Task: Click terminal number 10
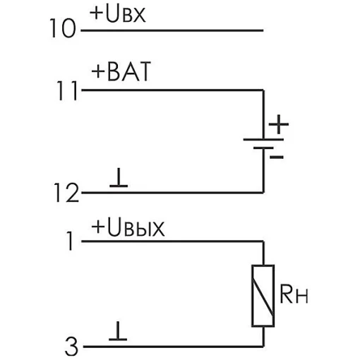pyautogui.click(x=63, y=28)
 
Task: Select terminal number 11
pyautogui.click(x=68, y=90)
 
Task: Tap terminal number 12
pyautogui.click(x=66, y=193)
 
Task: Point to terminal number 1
pyautogui.click(x=70, y=241)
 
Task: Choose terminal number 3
pyautogui.click(x=71, y=347)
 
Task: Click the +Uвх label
pyautogui.click(x=118, y=14)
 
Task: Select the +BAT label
pyautogui.click(x=121, y=71)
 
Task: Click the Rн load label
pyautogui.click(x=294, y=294)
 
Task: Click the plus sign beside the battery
pyautogui.click(x=279, y=124)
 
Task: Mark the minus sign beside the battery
pyautogui.click(x=277, y=157)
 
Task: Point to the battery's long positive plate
pyautogui.click(x=263, y=140)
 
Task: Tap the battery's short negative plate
pyautogui.click(x=263, y=148)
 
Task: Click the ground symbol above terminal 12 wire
pyautogui.click(x=119, y=178)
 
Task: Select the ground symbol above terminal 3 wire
pyautogui.click(x=118, y=331)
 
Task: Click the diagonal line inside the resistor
pyautogui.click(x=263, y=298)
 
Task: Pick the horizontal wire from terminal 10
pyautogui.click(x=172, y=30)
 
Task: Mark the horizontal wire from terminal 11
pyautogui.click(x=172, y=90)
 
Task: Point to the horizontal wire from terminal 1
pyautogui.click(x=172, y=241)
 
